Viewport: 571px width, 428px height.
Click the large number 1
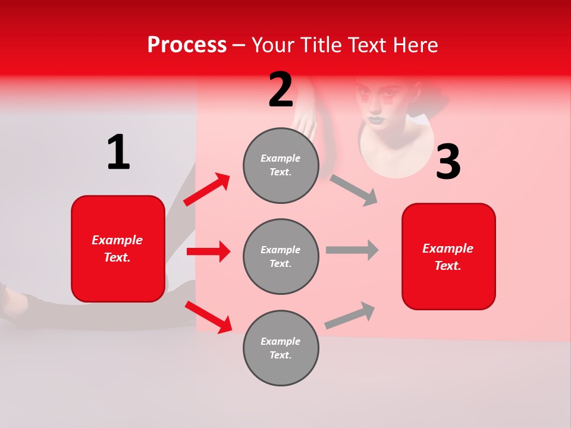pyautogui.click(x=118, y=153)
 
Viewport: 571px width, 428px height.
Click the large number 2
pyautogui.click(x=281, y=90)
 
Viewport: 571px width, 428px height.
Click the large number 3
pyautogui.click(x=448, y=162)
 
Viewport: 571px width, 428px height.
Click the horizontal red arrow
pyautogui.click(x=208, y=251)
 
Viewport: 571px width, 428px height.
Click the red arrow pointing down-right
pyautogui.click(x=208, y=317)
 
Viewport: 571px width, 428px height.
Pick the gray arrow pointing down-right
pyautogui.click(x=354, y=191)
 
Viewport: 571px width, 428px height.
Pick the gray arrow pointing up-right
pyautogui.click(x=350, y=316)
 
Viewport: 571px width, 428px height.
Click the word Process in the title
pyautogui.click(x=187, y=45)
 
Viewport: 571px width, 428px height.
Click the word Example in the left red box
pyautogui.click(x=117, y=240)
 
